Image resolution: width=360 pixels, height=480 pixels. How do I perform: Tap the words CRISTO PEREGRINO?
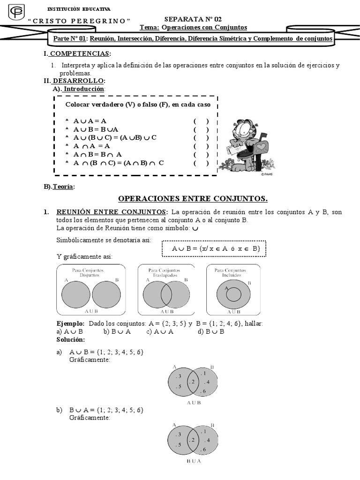(x=79, y=21)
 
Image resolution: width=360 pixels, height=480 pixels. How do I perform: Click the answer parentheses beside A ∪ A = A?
(x=201, y=121)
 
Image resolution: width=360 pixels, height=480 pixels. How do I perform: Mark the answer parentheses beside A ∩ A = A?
(x=201, y=146)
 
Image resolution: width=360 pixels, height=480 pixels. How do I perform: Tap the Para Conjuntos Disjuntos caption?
(x=90, y=273)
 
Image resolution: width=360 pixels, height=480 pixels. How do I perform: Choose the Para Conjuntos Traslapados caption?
(x=167, y=273)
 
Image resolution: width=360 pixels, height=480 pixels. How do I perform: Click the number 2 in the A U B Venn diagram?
(x=192, y=382)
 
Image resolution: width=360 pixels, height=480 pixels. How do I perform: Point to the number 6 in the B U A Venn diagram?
(x=203, y=450)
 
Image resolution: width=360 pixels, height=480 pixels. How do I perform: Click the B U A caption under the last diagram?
(x=193, y=461)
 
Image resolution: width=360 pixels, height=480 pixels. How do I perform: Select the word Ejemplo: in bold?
(x=70, y=324)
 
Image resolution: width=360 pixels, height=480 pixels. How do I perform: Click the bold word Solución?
(x=70, y=339)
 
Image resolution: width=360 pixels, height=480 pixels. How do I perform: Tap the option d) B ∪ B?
(x=211, y=331)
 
